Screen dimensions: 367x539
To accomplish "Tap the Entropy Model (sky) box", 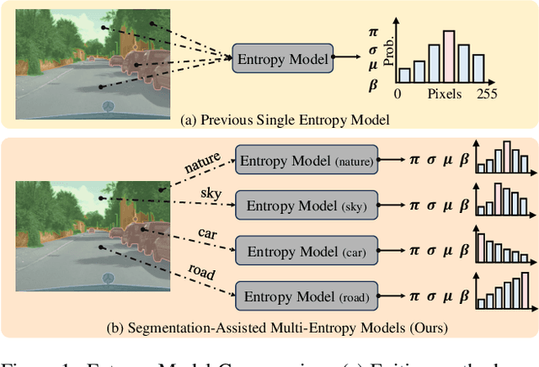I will [307, 205].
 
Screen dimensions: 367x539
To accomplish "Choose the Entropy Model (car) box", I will [307, 250].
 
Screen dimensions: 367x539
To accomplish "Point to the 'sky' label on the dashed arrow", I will [211, 194].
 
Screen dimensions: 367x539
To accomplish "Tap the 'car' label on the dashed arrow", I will [208, 232].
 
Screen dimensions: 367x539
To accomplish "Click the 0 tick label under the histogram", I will [398, 95].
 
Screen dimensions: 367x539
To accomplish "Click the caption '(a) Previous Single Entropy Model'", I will [285, 120].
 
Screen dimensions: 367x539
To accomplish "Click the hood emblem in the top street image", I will [107, 106].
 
